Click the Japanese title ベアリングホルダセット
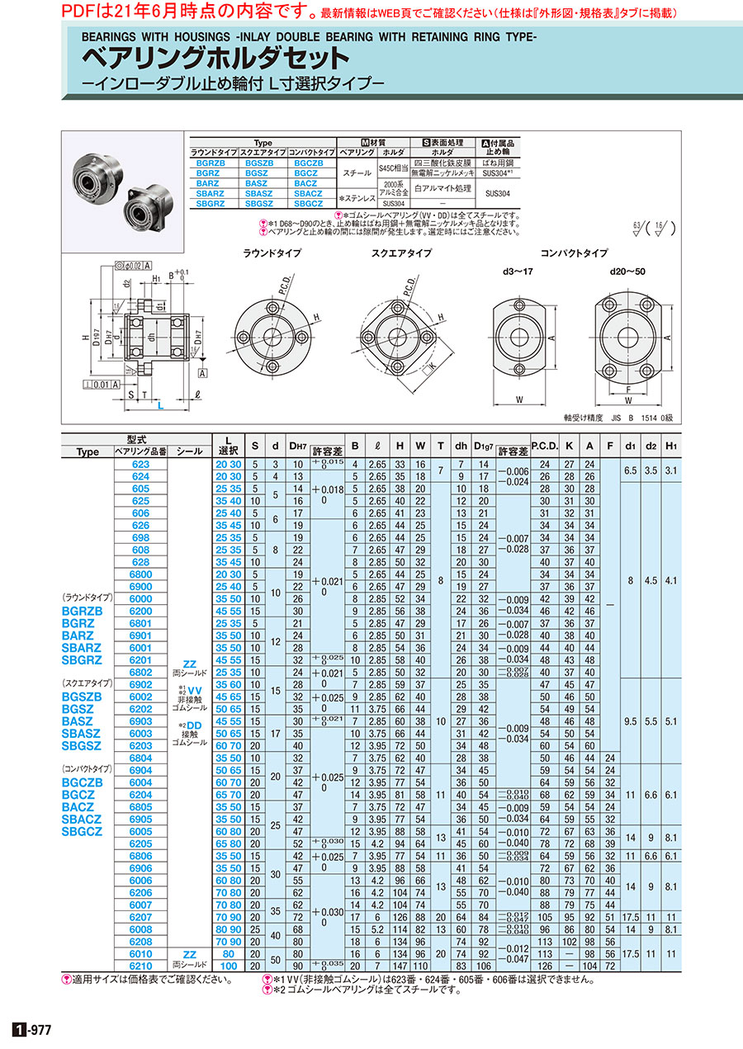tap(215, 58)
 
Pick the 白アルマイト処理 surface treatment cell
tap(442, 188)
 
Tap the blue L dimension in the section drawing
tap(161, 406)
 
